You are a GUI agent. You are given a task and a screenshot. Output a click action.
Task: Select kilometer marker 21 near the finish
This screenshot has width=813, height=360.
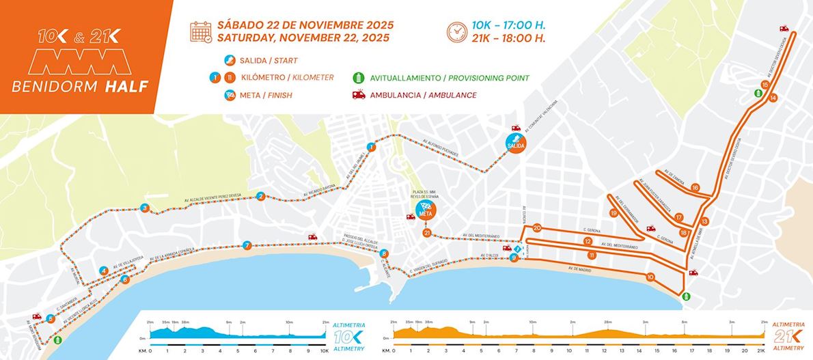(x=428, y=234)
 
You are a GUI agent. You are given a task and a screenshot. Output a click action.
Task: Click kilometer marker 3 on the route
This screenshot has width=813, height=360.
(x=144, y=208)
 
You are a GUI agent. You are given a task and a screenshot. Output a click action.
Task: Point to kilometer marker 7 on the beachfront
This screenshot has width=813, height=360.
(x=247, y=245)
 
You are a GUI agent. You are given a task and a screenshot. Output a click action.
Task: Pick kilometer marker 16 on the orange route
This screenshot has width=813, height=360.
(x=695, y=187)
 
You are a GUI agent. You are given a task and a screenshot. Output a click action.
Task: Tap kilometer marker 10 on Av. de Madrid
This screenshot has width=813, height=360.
(x=650, y=277)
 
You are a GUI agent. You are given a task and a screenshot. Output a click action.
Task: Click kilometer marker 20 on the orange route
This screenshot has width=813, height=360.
(x=537, y=227)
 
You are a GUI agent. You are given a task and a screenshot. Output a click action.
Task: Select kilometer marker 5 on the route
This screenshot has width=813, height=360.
(x=51, y=318)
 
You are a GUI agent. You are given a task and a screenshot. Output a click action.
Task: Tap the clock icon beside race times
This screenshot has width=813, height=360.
(x=456, y=31)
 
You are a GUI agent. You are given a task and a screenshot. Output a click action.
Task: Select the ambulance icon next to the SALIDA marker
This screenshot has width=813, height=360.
(x=516, y=128)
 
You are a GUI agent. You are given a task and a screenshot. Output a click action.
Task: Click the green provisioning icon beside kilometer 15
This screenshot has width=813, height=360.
(x=758, y=93)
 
